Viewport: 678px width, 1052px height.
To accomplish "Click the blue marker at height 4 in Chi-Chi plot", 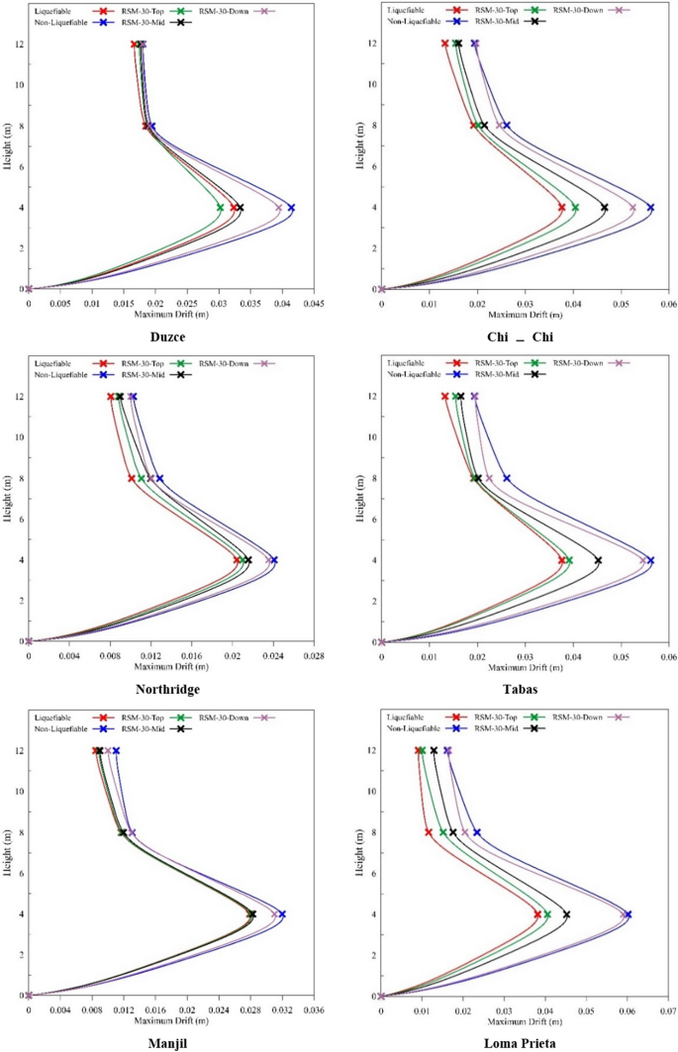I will click(650, 207).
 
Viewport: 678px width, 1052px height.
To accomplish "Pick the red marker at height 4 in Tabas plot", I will click(562, 560).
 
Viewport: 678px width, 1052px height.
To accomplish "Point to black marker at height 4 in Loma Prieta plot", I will click(566, 913).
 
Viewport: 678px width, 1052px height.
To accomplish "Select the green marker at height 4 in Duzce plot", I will click(221, 207).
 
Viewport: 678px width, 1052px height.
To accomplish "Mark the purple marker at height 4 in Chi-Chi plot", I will click(633, 207).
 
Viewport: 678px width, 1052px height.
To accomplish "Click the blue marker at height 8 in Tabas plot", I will click(507, 478).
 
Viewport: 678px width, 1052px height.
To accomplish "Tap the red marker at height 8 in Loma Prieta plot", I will click(429, 832).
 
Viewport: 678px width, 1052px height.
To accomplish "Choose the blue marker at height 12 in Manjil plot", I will click(116, 750).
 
